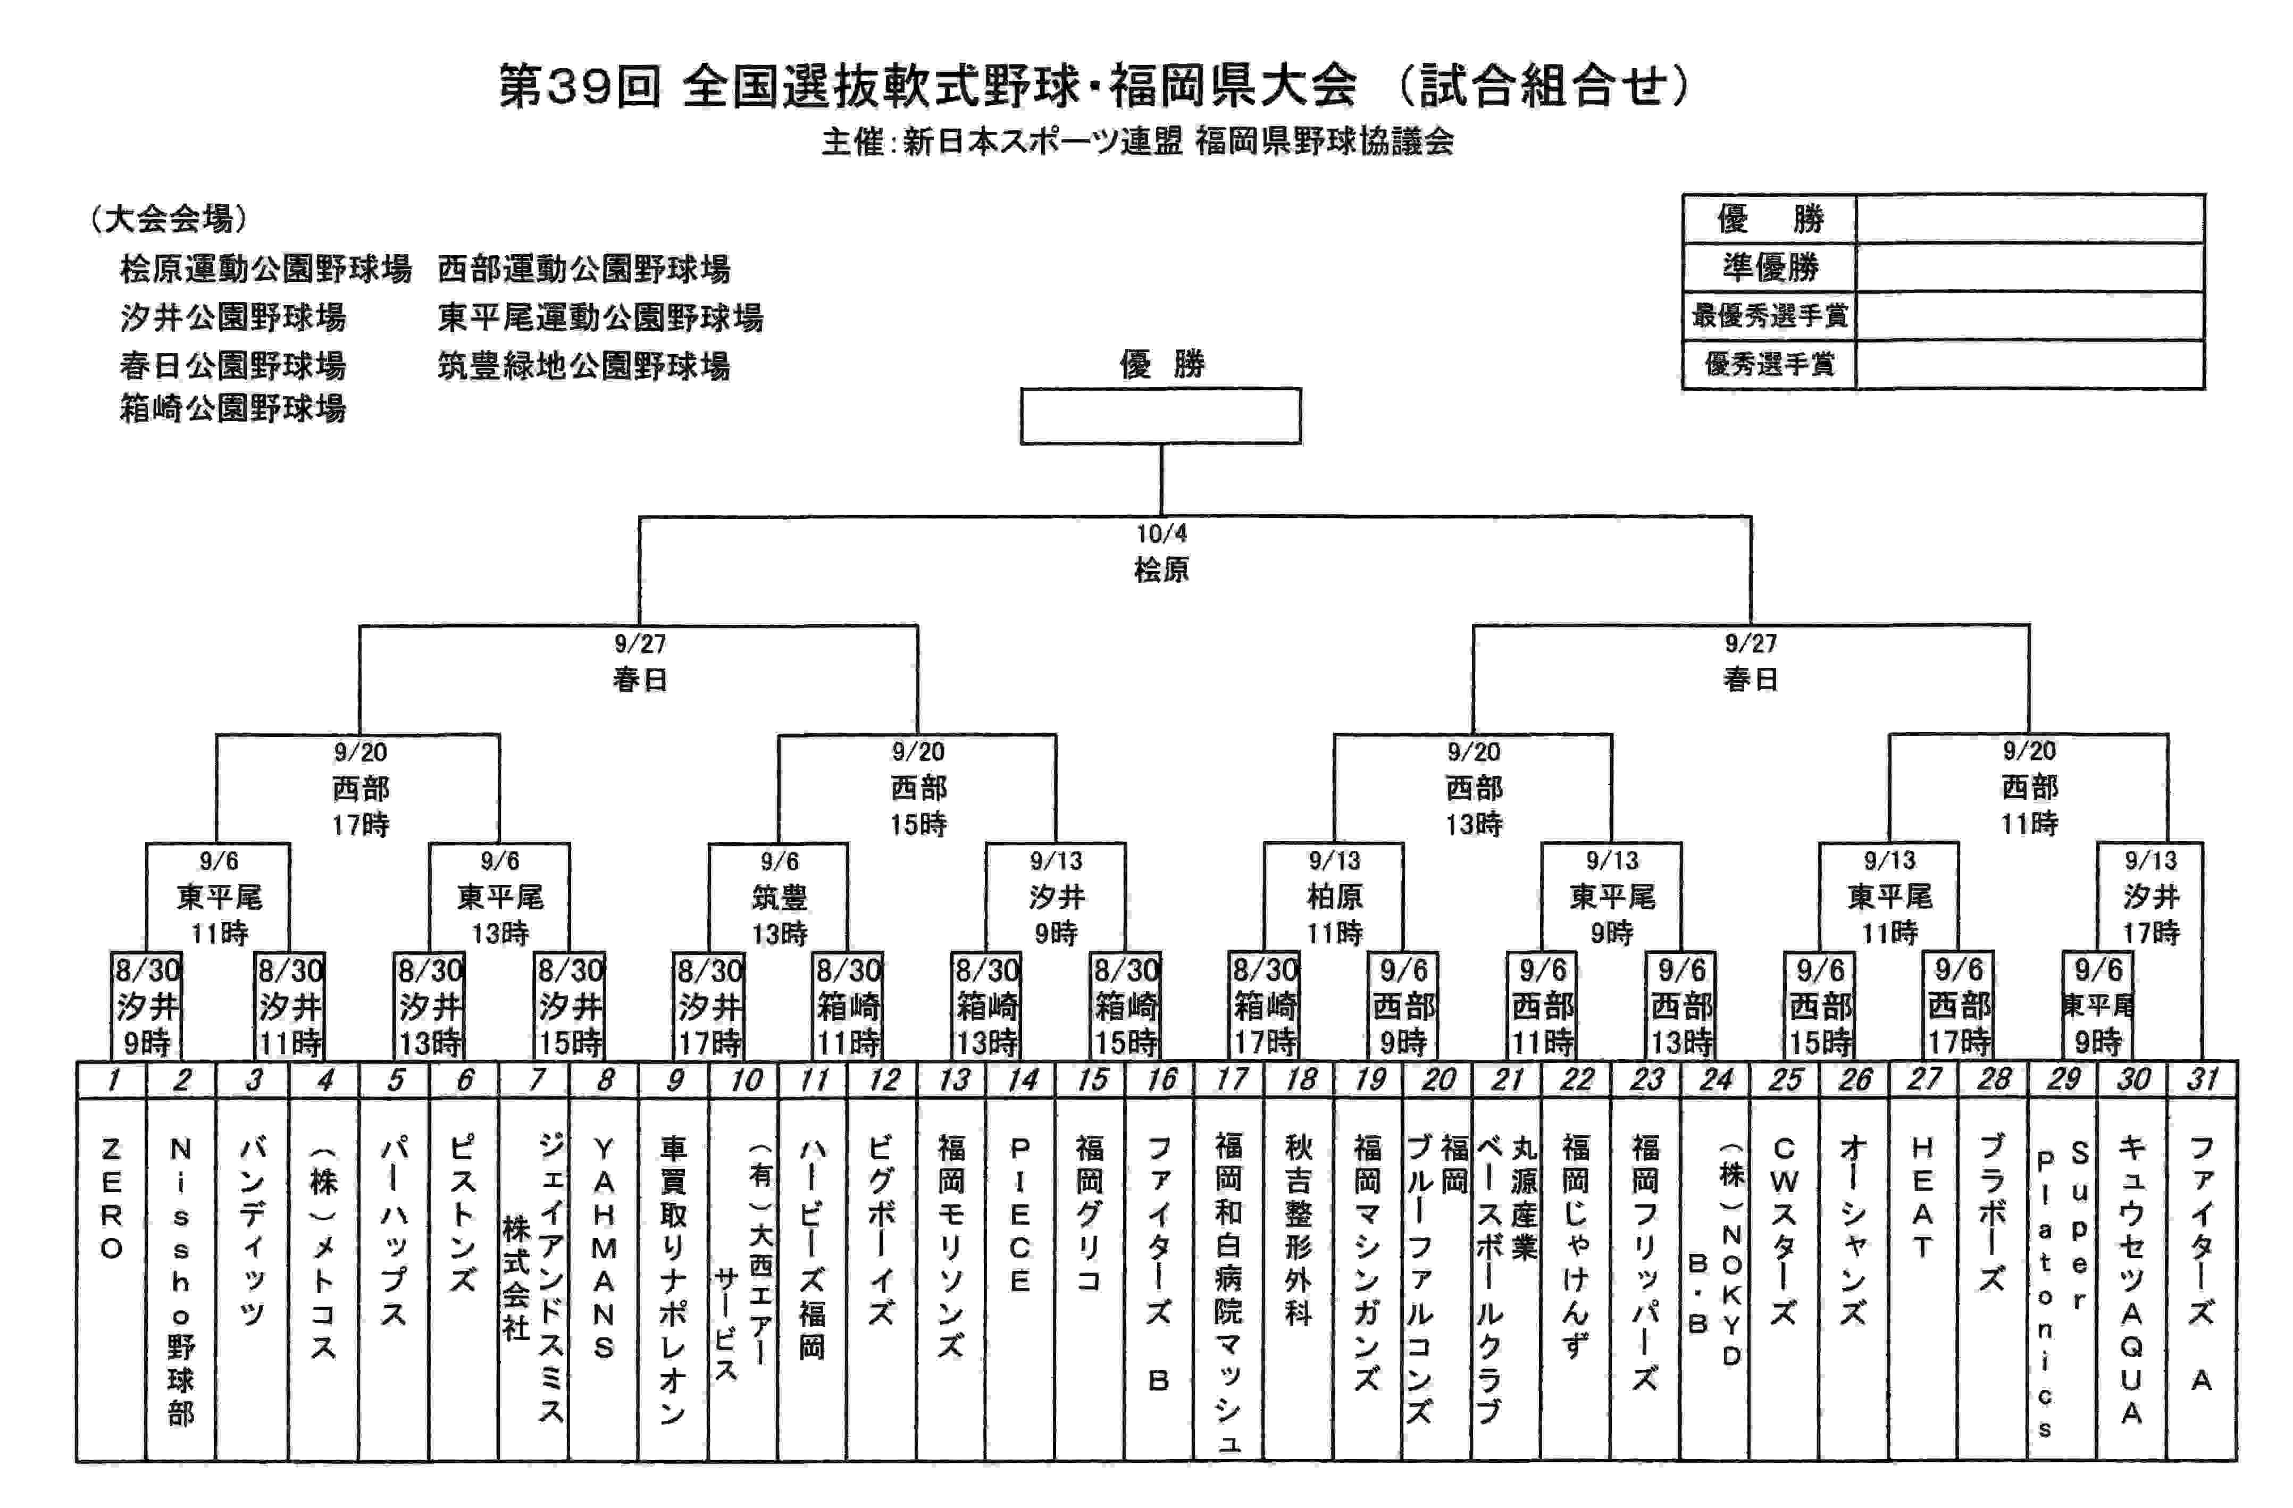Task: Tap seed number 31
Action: (x=2203, y=1079)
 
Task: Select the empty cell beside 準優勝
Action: (x=2029, y=267)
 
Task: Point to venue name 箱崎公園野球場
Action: (x=233, y=408)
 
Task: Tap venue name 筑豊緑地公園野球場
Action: (x=584, y=366)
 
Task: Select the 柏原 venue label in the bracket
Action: (x=1334, y=897)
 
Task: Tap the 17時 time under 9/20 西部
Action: (x=361, y=825)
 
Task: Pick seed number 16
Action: (x=1161, y=1079)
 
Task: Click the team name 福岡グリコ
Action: (x=1090, y=1214)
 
